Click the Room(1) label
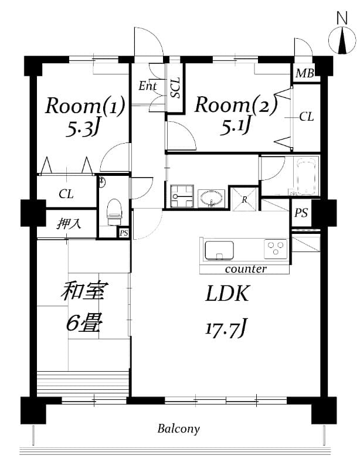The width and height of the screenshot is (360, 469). pyautogui.click(x=85, y=106)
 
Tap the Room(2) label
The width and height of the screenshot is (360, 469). pyautogui.click(x=236, y=106)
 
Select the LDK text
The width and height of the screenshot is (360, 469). pyautogui.click(x=227, y=294)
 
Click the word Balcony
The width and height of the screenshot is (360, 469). pyautogui.click(x=179, y=429)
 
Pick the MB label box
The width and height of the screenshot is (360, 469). pyautogui.click(x=305, y=73)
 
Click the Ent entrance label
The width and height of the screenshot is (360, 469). pyautogui.click(x=148, y=86)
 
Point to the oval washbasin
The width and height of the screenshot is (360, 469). pyautogui.click(x=211, y=198)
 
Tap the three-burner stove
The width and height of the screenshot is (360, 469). pyautogui.click(x=276, y=249)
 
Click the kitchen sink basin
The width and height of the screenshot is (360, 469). pyautogui.click(x=219, y=250)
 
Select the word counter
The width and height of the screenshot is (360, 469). pyautogui.click(x=246, y=269)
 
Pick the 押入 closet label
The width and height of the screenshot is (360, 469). pyautogui.click(x=69, y=224)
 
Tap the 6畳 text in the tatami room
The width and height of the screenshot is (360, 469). pyautogui.click(x=84, y=322)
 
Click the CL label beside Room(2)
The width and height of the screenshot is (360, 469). pyautogui.click(x=307, y=117)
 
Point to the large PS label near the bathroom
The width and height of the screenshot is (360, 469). pyautogui.click(x=301, y=213)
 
